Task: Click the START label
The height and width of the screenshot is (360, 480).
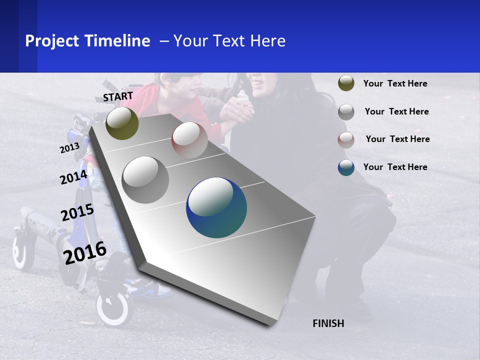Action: coord(118,96)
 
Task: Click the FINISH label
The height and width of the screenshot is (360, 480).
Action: coord(328,323)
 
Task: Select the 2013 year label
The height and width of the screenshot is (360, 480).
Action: coord(69,148)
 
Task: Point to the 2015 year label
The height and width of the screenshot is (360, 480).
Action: coord(77,212)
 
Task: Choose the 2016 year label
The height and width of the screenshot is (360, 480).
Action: coord(85,252)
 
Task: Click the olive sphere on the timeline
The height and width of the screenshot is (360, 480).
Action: coord(122,123)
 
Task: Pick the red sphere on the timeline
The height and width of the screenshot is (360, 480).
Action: coord(189,139)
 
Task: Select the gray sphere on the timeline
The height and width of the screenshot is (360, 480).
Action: coord(145,180)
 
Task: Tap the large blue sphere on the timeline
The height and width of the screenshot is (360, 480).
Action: coord(216,207)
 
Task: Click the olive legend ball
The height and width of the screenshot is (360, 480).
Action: coord(346,83)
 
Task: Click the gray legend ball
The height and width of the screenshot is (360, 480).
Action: coord(346,112)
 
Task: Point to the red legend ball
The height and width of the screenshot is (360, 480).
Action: coord(346,140)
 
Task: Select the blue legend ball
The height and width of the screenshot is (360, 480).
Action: coord(346,167)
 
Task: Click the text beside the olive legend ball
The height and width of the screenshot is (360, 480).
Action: coord(395,84)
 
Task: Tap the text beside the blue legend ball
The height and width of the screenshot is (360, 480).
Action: coord(395,167)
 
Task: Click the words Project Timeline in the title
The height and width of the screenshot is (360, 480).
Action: coord(87,41)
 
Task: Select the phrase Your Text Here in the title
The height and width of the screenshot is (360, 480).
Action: coord(229,41)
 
